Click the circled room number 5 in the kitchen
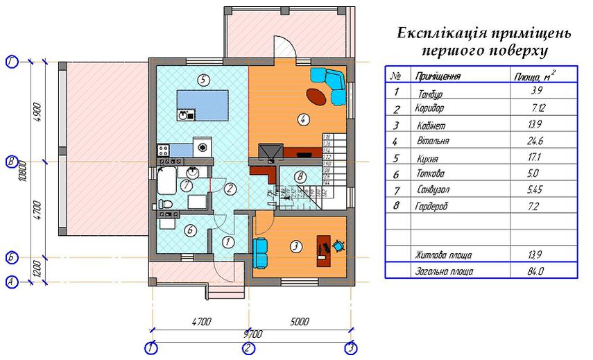[203, 79]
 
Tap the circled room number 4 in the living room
[302, 119]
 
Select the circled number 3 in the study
[294, 246]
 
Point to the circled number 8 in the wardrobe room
[299, 177]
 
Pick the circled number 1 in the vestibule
[228, 241]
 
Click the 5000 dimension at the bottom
[300, 322]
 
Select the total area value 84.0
[535, 272]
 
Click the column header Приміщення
[437, 76]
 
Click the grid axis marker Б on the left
[11, 257]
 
